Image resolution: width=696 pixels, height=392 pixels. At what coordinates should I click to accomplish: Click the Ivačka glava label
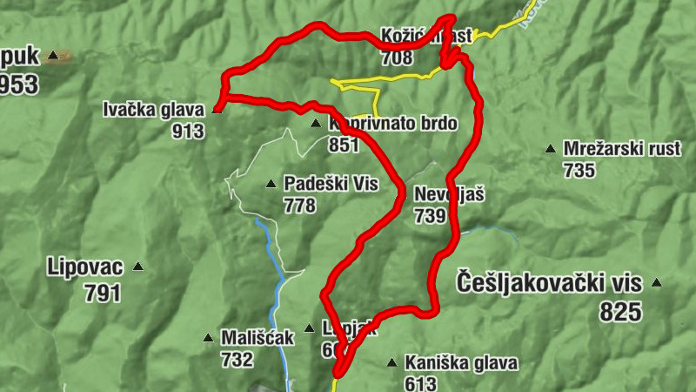(x=153, y=111)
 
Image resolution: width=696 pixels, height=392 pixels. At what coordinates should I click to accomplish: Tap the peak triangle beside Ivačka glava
(x=217, y=111)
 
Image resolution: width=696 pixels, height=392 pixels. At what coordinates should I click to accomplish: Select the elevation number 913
(x=189, y=132)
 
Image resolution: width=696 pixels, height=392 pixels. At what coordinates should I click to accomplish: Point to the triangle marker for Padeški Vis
(x=270, y=184)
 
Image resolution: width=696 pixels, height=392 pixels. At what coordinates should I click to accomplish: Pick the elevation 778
(x=299, y=206)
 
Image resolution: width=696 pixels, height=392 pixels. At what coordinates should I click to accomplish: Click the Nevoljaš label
(x=449, y=193)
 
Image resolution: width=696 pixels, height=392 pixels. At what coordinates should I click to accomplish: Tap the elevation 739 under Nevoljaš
(x=431, y=214)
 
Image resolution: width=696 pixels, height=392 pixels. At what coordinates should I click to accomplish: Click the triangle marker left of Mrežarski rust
(x=550, y=149)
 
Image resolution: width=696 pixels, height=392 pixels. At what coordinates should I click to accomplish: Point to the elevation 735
(x=579, y=170)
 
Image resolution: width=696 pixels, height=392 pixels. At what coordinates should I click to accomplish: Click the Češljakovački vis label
(x=549, y=282)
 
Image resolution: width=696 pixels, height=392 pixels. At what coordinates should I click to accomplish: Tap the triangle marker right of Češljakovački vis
(x=657, y=282)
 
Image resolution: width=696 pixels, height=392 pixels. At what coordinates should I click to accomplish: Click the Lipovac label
(x=85, y=267)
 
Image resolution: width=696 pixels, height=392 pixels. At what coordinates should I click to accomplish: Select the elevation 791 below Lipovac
(x=103, y=294)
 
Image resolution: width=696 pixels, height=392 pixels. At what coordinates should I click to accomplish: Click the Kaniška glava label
(x=461, y=362)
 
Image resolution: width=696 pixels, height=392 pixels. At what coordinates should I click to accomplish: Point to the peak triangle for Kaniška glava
(x=391, y=362)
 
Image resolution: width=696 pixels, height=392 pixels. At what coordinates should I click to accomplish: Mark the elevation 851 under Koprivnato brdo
(x=345, y=145)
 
